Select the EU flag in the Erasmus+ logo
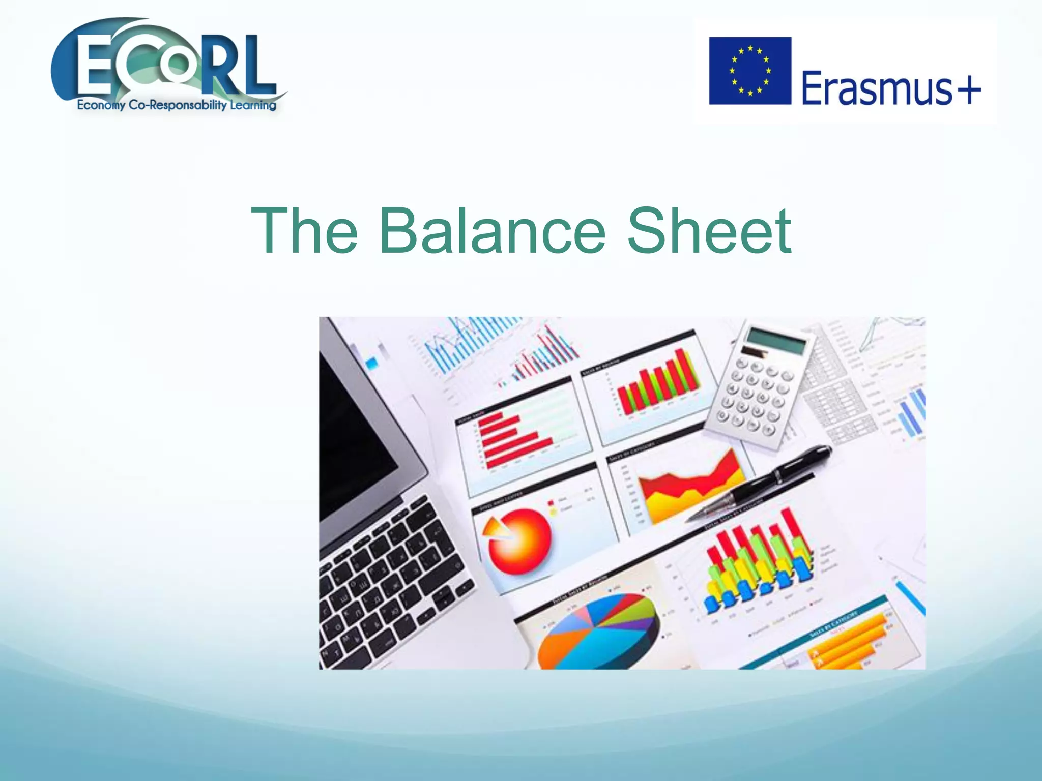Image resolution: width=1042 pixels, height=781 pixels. click(750, 71)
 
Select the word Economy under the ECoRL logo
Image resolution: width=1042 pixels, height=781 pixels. click(101, 105)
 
